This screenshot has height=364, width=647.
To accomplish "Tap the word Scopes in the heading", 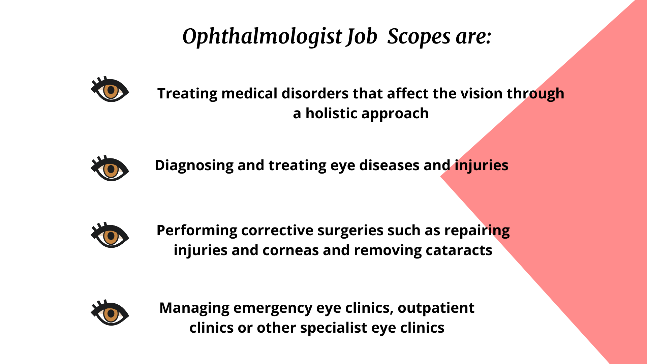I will click(x=419, y=36).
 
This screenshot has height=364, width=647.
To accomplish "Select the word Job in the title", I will click(x=362, y=36).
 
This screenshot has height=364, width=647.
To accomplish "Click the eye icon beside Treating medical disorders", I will click(x=110, y=90).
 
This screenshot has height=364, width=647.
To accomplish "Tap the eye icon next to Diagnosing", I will click(x=110, y=169).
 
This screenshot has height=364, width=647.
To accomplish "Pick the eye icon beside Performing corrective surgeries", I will click(x=110, y=235).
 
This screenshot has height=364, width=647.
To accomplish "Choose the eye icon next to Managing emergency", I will click(x=110, y=313).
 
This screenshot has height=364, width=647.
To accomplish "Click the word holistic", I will click(x=331, y=113).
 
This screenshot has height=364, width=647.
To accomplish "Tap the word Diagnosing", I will click(x=194, y=166).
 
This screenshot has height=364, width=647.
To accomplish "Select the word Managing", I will click(x=194, y=308).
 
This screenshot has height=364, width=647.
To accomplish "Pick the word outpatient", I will click(x=436, y=308).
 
